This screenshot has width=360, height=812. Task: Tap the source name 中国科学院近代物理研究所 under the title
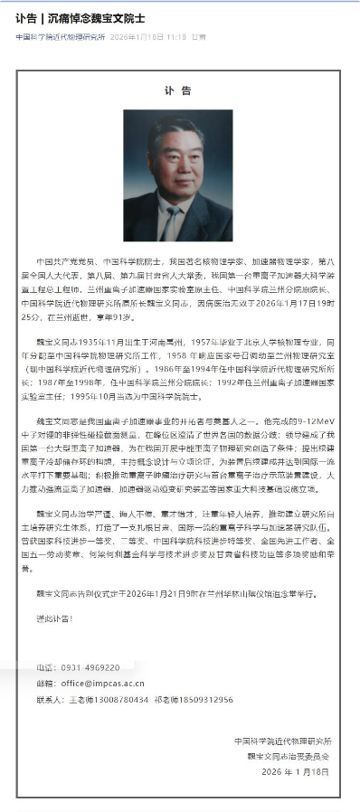point(60,38)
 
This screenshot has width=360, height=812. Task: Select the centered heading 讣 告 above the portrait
point(179,90)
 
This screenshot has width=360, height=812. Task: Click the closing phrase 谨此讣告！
point(55,618)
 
